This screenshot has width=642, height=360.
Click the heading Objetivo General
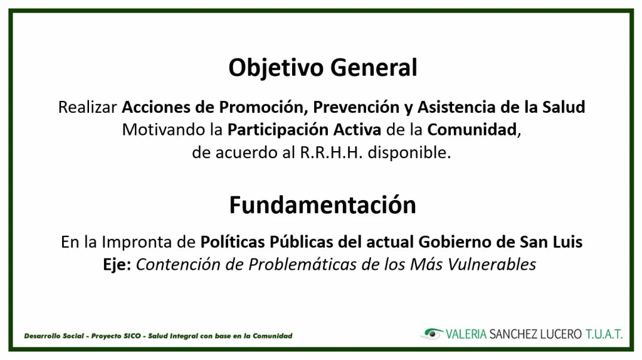pyautogui.click(x=323, y=68)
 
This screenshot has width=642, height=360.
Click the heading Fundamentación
pyautogui.click(x=323, y=205)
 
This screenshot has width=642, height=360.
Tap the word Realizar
pyautogui.click(x=88, y=107)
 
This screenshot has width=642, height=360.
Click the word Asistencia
pyautogui.click(x=456, y=107)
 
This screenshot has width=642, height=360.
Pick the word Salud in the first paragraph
pyautogui.click(x=564, y=107)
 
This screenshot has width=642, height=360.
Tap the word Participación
pyautogui.click(x=278, y=130)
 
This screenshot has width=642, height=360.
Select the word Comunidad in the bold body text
pyautogui.click(x=472, y=130)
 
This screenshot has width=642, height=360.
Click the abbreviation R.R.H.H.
pyautogui.click(x=331, y=153)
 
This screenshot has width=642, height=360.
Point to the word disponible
pyautogui.click(x=409, y=153)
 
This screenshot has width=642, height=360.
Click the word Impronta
pyautogui.click(x=137, y=242)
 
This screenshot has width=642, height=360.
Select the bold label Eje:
pyautogui.click(x=117, y=265)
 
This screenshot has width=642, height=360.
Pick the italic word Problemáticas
pyautogui.click(x=303, y=265)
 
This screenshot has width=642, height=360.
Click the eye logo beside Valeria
pyautogui.click(x=432, y=334)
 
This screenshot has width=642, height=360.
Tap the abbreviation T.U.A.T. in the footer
pyautogui.click(x=604, y=334)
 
